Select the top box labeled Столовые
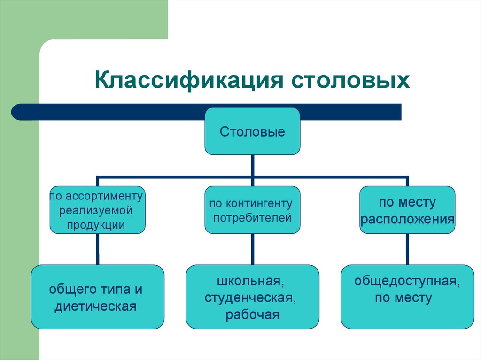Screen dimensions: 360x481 coord(252,131)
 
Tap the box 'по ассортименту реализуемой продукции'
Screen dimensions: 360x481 coord(98,210)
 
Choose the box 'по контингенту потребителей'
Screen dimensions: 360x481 coord(252,210)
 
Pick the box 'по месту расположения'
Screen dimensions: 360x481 coord(407,210)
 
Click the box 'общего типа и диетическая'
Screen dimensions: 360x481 coord(98,297)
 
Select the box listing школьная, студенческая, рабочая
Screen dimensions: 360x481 coord(252,297)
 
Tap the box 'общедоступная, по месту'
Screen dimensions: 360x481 coord(407,297)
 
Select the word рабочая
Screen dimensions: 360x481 coord(252,314)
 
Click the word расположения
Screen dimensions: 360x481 coord(407,219)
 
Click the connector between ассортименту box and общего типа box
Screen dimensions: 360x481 coord(98,249)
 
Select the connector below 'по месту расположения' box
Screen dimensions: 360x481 coord(407,249)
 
